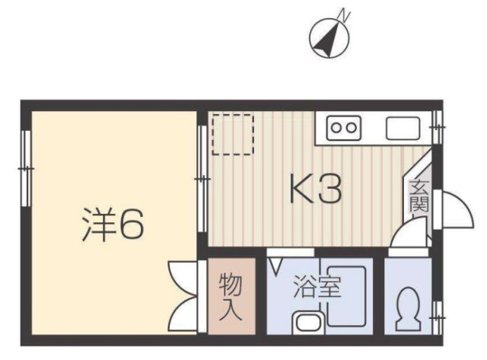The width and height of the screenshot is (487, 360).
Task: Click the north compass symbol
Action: [x=330, y=34]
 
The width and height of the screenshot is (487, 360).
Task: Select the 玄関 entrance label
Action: [x=419, y=196]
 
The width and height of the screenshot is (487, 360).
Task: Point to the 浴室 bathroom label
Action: [x=317, y=288]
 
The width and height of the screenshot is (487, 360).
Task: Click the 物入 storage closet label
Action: [x=231, y=296]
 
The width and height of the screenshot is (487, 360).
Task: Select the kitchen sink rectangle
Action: [x=402, y=128]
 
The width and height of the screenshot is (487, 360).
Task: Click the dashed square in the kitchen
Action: [x=231, y=134]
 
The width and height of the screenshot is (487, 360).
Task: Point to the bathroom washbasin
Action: [x=307, y=322]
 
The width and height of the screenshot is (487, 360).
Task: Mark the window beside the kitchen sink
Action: [x=437, y=126]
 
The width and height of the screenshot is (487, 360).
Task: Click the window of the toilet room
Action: [x=437, y=311]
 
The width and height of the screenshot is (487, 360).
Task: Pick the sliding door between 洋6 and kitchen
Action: [x=202, y=177]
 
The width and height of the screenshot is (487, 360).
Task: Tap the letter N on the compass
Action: [x=345, y=13]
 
